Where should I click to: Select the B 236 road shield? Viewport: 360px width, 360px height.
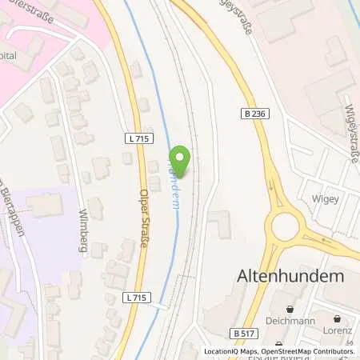click(x=250, y=114)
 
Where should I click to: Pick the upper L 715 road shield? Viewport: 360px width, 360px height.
click(x=138, y=138)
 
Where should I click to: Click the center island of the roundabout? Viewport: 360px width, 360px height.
click(x=286, y=227)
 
